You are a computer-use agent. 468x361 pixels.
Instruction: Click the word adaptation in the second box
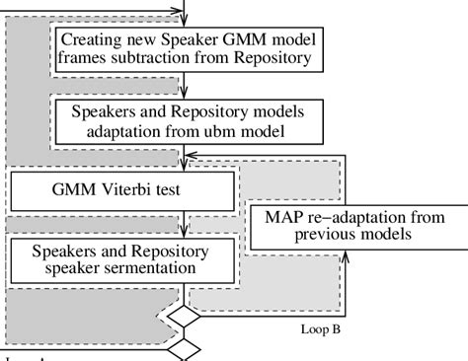(x=122, y=128)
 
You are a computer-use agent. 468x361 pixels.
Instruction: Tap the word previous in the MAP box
(x=314, y=236)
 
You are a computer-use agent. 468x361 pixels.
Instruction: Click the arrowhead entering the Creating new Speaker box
(x=185, y=20)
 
